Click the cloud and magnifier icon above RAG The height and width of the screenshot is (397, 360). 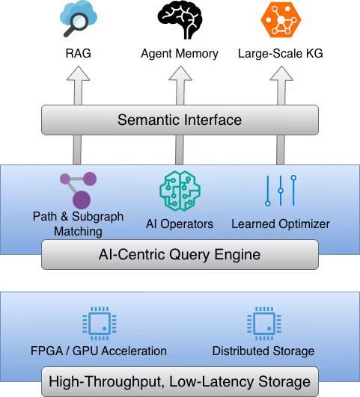click(x=78, y=19)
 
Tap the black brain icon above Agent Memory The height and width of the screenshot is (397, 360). click(x=180, y=19)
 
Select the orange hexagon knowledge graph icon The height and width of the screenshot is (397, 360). click(x=281, y=19)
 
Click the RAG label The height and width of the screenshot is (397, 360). click(x=78, y=53)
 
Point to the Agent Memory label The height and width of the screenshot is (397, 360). click(x=180, y=54)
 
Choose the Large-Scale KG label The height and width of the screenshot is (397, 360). click(x=281, y=54)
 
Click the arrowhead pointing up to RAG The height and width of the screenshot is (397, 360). click(x=78, y=73)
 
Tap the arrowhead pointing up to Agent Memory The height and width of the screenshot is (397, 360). click(x=180, y=73)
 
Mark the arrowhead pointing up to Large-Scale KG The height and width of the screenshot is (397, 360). click(x=281, y=73)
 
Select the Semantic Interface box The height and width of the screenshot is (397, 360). click(x=180, y=120)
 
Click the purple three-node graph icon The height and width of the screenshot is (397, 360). click(x=79, y=190)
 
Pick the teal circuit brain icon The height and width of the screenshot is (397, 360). click(x=180, y=191)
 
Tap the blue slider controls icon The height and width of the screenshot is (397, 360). click(x=281, y=191)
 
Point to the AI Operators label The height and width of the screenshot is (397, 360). click(x=180, y=224)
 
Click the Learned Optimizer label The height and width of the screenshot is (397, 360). click(x=281, y=224)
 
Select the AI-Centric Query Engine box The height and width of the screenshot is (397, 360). click(x=180, y=254)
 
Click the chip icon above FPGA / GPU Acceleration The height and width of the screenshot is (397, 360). click(x=100, y=324)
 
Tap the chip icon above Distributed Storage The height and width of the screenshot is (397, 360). click(x=264, y=324)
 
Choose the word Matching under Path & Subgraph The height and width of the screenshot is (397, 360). click(x=78, y=232)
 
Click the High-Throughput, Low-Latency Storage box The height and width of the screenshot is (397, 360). click(x=180, y=381)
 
